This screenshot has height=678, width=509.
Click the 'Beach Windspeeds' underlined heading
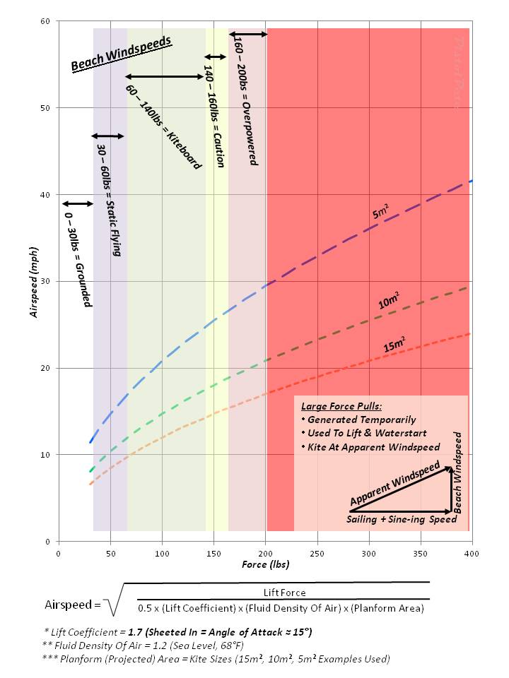(122, 54)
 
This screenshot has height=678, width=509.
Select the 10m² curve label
(387, 302)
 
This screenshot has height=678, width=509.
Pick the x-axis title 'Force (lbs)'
(265, 564)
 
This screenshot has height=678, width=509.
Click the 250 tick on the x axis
(317, 553)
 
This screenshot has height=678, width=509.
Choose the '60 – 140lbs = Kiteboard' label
(163, 127)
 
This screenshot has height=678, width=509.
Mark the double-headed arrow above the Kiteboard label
(164, 76)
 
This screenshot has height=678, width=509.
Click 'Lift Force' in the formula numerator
(284, 593)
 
